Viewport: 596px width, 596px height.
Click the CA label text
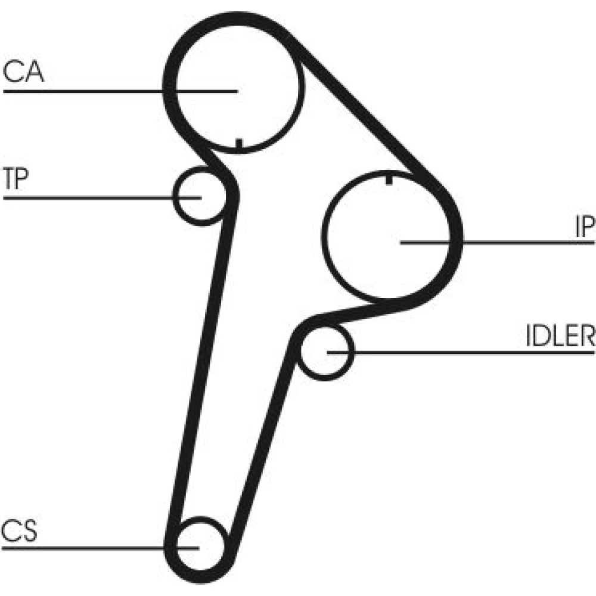tap(23, 72)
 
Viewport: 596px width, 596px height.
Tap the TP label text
tap(16, 178)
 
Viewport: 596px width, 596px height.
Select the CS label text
tap(19, 530)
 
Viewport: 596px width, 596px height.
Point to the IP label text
tap(585, 226)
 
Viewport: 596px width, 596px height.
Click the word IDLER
tap(560, 335)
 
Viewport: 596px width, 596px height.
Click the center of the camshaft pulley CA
tap(238, 91)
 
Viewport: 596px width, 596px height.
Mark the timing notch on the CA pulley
tap(239, 144)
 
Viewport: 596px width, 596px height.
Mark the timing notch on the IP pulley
tap(389, 179)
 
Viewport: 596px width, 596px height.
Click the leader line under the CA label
tap(120, 91)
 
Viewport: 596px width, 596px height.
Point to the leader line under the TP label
tap(103, 198)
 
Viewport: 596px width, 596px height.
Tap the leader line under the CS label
tap(100, 548)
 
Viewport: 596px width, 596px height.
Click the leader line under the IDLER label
tap(461, 353)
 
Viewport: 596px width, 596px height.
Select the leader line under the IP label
tap(497, 242)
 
